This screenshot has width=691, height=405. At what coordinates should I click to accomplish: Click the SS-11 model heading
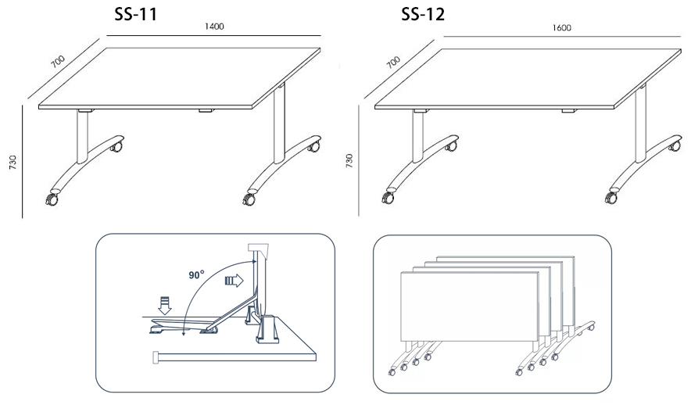[x=136, y=14]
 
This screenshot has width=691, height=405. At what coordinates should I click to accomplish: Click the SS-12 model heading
[x=423, y=15]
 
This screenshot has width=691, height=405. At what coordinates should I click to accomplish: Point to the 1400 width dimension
[x=214, y=27]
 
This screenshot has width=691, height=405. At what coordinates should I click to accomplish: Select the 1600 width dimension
[x=562, y=28]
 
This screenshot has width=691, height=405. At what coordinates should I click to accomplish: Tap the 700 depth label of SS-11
[x=57, y=61]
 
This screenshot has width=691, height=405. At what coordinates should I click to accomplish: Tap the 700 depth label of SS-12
[x=393, y=62]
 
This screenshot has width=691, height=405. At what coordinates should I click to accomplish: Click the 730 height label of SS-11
[x=13, y=162]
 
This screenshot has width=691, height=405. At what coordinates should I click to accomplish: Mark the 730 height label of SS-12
[x=349, y=161]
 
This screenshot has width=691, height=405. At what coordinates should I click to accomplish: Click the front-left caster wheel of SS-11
[x=52, y=199]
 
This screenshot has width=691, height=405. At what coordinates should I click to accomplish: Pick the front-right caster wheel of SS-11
[x=249, y=199]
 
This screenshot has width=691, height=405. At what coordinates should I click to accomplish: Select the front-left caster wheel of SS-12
[x=388, y=198]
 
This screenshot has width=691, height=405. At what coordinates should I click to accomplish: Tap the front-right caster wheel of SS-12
[x=612, y=198]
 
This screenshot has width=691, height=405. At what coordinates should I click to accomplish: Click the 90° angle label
[x=196, y=275]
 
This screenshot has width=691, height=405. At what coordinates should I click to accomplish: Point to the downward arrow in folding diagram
[x=165, y=306]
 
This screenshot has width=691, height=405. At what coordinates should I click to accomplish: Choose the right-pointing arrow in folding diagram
[x=234, y=280]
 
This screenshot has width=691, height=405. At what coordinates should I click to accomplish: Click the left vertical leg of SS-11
[x=82, y=137]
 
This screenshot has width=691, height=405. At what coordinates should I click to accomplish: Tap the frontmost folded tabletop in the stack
[x=470, y=306]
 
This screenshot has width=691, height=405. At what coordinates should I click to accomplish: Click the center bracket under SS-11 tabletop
[x=206, y=110]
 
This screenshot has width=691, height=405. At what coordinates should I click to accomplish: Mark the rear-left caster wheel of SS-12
[x=452, y=145]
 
